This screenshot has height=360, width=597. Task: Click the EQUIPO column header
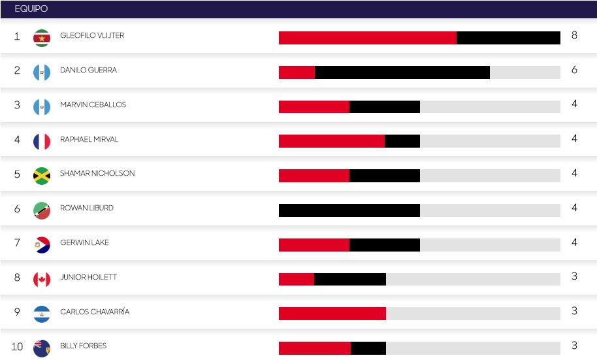(x=31, y=9)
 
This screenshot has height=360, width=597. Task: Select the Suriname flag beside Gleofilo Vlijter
(x=42, y=38)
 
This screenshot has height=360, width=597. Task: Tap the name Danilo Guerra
(x=88, y=70)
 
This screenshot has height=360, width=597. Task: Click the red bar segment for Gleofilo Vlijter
(x=367, y=38)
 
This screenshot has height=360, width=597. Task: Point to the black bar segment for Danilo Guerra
(x=402, y=73)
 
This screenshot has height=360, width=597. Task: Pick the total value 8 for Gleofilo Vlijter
(x=574, y=35)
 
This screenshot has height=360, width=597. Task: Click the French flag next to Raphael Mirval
(x=42, y=142)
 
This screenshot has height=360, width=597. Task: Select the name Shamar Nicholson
(x=97, y=173)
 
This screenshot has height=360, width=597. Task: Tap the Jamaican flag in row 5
(x=42, y=176)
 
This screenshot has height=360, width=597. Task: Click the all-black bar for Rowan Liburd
(x=349, y=210)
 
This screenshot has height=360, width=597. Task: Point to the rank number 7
(x=17, y=243)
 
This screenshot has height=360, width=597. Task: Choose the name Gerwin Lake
(x=84, y=242)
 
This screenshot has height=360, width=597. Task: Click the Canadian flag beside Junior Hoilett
(x=42, y=280)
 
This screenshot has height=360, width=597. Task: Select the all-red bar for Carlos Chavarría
(x=332, y=314)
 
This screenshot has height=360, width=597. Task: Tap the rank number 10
(x=17, y=347)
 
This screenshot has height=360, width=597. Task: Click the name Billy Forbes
(x=83, y=346)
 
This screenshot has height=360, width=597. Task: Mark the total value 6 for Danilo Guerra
(x=574, y=70)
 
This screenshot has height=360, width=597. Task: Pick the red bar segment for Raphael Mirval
(x=331, y=141)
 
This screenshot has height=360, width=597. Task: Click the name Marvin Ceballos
(x=93, y=105)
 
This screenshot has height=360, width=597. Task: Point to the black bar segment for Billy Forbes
(x=368, y=348)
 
